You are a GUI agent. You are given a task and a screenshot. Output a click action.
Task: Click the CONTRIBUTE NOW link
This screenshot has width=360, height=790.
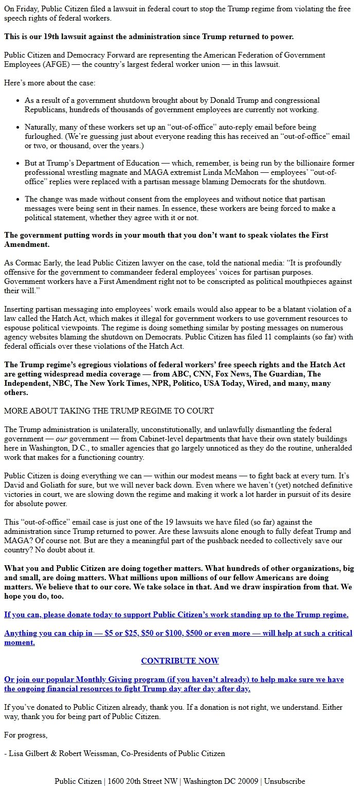(x=180, y=660)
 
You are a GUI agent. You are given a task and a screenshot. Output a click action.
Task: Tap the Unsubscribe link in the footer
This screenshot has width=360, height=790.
(x=284, y=781)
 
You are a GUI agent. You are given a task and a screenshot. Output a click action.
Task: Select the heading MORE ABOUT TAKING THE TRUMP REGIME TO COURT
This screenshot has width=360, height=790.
(x=109, y=410)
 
